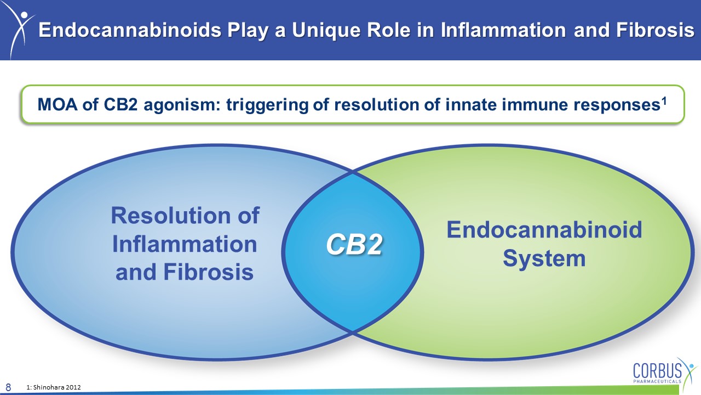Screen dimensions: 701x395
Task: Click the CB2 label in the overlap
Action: [354, 245]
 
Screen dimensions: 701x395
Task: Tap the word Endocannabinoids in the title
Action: [130, 30]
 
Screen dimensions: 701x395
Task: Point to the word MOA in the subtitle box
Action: [58, 104]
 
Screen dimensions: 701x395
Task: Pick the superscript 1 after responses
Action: [664, 101]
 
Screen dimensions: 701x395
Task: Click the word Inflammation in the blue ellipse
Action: [185, 244]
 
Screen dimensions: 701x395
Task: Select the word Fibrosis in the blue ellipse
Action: [209, 272]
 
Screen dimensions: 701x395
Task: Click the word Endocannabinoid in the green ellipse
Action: [544, 230]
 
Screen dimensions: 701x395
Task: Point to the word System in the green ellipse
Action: [544, 259]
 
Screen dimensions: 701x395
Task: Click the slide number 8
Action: [8, 387]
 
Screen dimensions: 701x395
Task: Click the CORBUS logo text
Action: [657, 370]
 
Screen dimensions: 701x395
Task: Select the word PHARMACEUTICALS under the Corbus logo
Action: [657, 381]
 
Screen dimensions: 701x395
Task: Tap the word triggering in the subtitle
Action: [268, 105]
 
